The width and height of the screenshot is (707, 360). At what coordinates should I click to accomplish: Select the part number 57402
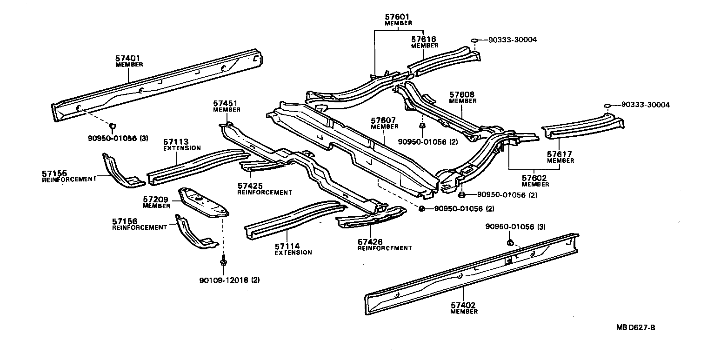point(463,305)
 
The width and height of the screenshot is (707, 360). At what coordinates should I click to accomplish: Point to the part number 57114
point(287,246)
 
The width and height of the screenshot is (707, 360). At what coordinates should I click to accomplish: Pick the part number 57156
point(125,221)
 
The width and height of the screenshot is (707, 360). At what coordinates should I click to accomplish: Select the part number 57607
point(384,120)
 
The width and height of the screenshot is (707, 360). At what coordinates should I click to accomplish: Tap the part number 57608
point(462,94)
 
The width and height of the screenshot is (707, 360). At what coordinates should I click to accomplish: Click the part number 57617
point(560,154)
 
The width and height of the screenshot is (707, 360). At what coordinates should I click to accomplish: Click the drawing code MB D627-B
point(635,327)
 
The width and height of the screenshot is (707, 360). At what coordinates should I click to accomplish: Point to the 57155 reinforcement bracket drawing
point(119,172)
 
